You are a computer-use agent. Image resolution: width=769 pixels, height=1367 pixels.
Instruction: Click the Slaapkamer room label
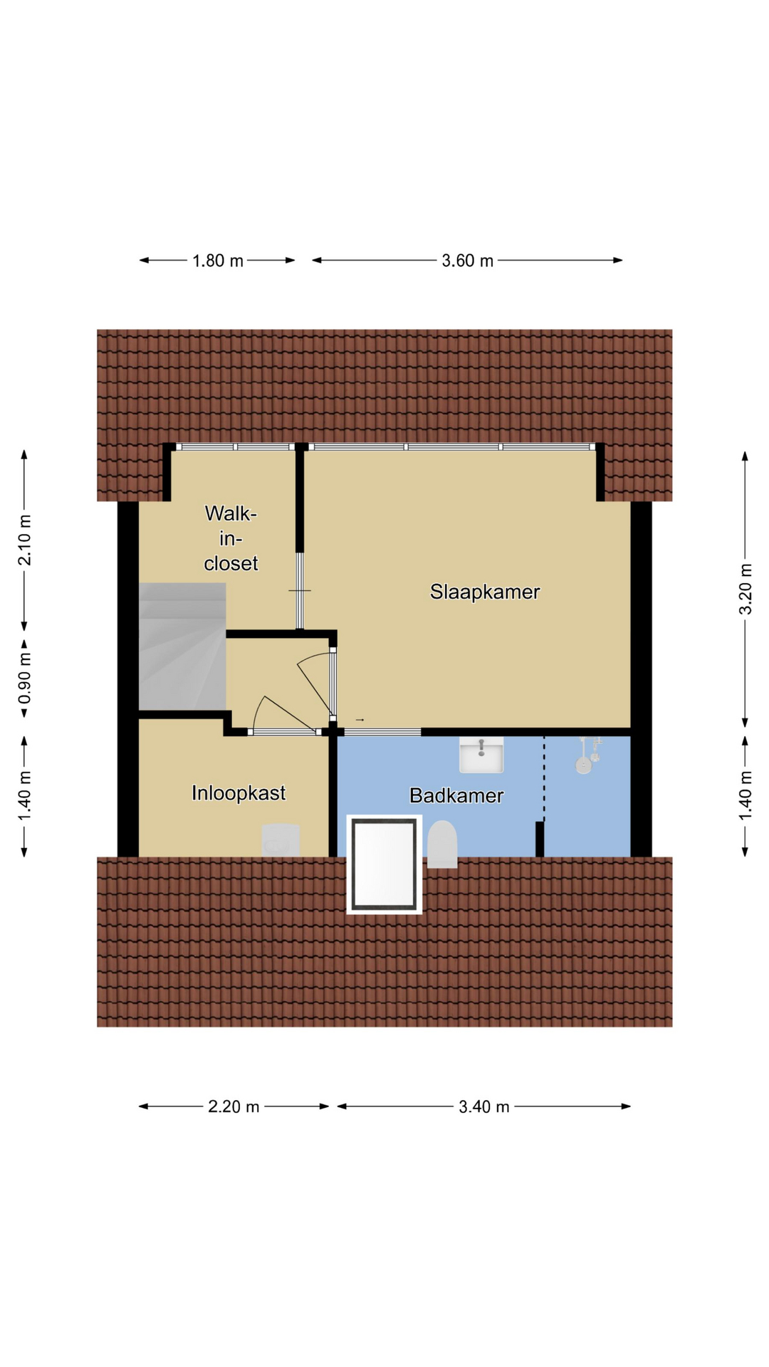(485, 592)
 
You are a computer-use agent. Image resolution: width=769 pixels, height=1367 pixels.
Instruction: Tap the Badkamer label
(456, 795)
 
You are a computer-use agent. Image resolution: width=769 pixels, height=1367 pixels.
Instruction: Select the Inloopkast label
(239, 793)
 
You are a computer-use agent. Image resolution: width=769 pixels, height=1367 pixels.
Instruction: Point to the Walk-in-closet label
(231, 538)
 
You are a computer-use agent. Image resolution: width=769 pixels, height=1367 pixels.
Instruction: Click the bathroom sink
(481, 755)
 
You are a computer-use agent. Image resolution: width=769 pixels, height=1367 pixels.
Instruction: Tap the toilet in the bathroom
(442, 844)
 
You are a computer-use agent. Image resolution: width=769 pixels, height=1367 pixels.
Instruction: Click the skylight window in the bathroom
(384, 864)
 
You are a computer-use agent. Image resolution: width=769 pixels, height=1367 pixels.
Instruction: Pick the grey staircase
(182, 646)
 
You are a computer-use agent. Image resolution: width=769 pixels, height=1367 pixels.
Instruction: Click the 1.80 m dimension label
(218, 261)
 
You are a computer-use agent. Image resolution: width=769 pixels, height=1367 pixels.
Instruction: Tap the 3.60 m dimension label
(468, 261)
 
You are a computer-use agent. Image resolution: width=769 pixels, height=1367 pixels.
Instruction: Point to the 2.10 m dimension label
(25, 540)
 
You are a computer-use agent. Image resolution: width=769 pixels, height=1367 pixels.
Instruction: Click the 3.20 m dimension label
(746, 589)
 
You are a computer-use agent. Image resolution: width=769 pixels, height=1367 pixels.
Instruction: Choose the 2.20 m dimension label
(234, 1106)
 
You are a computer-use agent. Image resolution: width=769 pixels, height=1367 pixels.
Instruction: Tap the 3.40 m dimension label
(484, 1106)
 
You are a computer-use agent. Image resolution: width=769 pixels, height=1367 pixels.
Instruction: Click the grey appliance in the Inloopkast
(281, 840)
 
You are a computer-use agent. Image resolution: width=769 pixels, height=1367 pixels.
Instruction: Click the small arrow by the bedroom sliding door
(360, 721)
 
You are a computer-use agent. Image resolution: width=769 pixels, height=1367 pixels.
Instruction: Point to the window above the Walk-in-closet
(235, 447)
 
